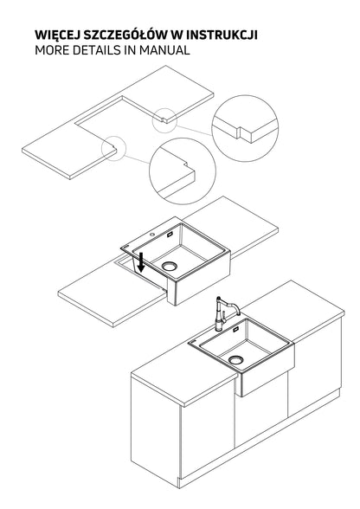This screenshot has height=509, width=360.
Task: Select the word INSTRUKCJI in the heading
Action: click(x=222, y=35)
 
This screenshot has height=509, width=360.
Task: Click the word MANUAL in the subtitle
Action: click(x=164, y=50)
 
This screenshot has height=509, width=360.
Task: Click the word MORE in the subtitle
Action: click(x=52, y=50)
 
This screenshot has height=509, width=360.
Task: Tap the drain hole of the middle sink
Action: click(x=170, y=267)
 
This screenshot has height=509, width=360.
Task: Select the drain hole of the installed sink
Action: click(x=235, y=360)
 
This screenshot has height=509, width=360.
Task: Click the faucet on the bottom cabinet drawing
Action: click(x=224, y=313)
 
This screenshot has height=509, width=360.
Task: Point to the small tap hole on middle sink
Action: click(x=152, y=235)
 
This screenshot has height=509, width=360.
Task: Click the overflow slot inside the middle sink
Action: click(x=170, y=235)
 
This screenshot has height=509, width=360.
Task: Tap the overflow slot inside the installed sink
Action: click(x=236, y=330)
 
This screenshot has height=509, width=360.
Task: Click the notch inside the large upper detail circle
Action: click(x=240, y=132)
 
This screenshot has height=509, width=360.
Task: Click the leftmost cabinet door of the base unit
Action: click(x=155, y=427)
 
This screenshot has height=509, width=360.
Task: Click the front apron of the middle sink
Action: click(x=199, y=278)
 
